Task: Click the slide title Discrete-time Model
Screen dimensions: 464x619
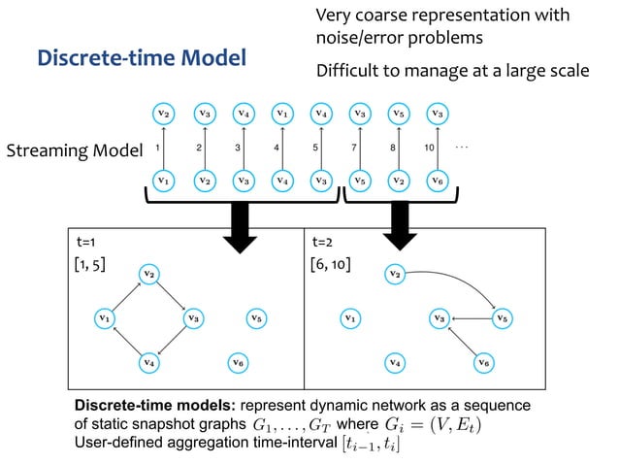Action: [x=142, y=57]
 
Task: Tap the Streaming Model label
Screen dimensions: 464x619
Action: [x=74, y=151]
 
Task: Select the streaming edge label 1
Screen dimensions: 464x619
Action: [x=157, y=149]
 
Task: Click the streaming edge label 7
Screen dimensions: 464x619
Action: [x=353, y=149]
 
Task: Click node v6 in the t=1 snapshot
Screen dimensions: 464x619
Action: [x=239, y=362]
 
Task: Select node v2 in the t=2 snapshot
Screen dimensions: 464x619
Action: [x=394, y=275]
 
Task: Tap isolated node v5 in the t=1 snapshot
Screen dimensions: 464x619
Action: [x=254, y=316]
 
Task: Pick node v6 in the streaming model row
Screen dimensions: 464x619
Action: [x=439, y=180]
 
